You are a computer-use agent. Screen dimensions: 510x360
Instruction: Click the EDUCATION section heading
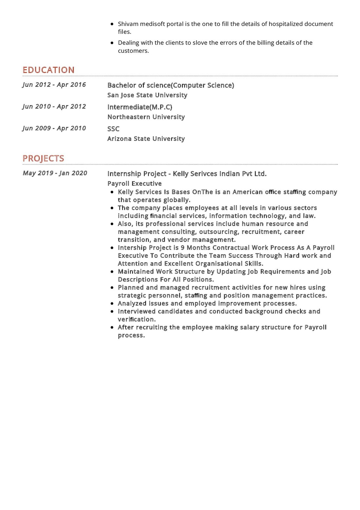[x=48, y=70]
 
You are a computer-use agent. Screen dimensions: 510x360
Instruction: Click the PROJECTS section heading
[x=43, y=158]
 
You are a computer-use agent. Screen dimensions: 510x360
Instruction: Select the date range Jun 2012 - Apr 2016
[x=54, y=85]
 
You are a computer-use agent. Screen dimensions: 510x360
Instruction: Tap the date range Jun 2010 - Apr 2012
[x=54, y=106]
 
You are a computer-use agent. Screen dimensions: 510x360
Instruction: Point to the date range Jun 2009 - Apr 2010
[x=54, y=128]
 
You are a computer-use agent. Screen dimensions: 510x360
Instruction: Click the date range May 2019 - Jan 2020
[x=55, y=173]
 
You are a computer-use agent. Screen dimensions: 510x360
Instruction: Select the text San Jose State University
[x=147, y=95]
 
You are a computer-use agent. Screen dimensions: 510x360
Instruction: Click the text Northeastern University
[x=146, y=117]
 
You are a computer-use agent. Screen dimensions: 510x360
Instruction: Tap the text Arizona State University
[x=146, y=139]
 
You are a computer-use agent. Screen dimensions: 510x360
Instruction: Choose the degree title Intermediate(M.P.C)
[x=140, y=107]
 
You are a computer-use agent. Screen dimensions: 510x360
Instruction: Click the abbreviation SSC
[x=113, y=129]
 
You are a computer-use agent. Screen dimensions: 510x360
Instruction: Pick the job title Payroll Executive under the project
[x=135, y=183]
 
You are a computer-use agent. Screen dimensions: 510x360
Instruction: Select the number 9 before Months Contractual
[x=183, y=248]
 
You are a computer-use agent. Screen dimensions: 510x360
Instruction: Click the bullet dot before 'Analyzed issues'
[x=112, y=304]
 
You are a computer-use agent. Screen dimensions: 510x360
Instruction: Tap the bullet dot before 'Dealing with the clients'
[x=112, y=43]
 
